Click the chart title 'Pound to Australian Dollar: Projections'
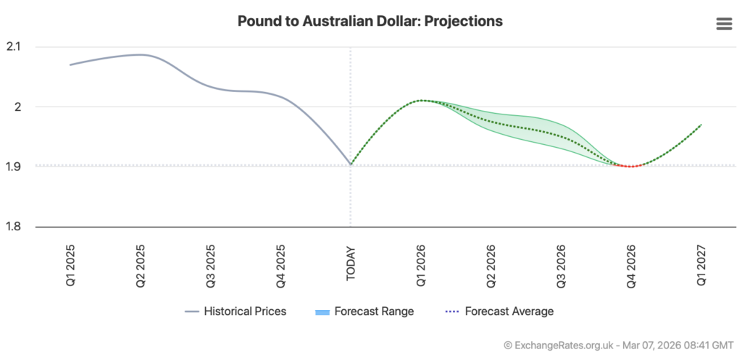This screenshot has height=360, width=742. click(x=370, y=21)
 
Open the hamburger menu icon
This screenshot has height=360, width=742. click(x=724, y=24)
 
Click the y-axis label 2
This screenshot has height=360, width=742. click(x=20, y=107)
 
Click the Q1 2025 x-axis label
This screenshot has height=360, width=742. click(x=70, y=261)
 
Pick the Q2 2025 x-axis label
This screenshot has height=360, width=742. click(x=141, y=261)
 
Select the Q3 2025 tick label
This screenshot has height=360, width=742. click(x=211, y=261)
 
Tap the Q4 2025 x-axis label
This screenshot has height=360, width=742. click(x=281, y=261)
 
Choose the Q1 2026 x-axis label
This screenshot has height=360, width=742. click(x=421, y=261)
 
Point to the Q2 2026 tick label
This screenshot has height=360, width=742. click(x=491, y=261)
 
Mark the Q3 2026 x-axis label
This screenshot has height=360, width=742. click(x=562, y=261)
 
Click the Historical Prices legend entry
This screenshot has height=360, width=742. click(x=235, y=311)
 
